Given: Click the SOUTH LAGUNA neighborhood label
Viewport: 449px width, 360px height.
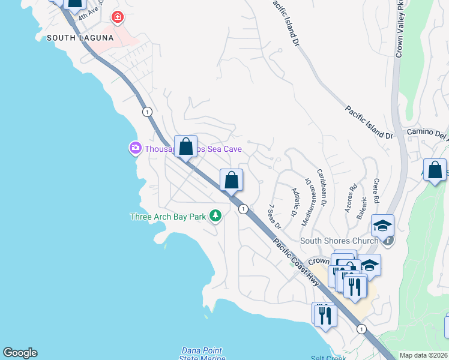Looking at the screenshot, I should click(80, 38).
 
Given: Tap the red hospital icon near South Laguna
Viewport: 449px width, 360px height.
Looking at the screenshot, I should click(117, 17).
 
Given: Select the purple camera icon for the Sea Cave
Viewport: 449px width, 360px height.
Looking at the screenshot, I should click(135, 148).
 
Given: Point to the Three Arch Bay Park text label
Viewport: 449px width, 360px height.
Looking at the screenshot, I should click(168, 217).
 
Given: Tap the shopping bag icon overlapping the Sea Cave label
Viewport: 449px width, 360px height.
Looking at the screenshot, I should click(185, 147).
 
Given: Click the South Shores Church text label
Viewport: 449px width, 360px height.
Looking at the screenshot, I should click(339, 241).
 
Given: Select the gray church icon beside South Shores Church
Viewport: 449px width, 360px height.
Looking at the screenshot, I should click(388, 241).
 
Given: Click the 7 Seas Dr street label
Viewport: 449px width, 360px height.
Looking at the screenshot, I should click(275, 215).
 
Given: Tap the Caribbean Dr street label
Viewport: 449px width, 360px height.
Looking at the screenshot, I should click(321, 186).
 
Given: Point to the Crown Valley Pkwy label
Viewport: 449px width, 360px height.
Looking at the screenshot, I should click(398, 30).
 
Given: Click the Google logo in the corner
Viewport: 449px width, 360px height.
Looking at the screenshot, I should click(20, 353).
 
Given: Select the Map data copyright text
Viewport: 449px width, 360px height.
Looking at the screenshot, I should click(423, 355).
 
